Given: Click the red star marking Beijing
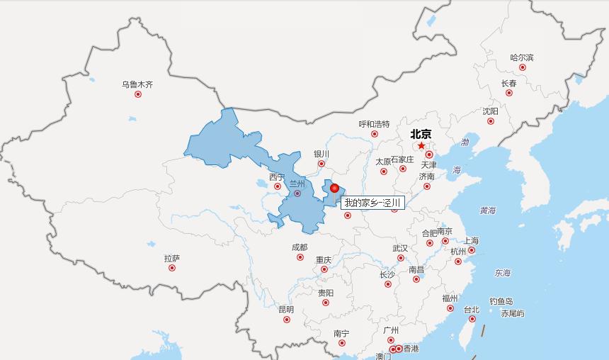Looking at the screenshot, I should point(421,146).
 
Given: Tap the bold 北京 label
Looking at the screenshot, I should point(421,133).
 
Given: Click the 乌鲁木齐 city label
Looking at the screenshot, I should point(137,84).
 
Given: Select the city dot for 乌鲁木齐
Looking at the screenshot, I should point(138,94).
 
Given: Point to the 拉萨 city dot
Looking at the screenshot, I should point(172,268).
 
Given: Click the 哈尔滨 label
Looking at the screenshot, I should point(522,57).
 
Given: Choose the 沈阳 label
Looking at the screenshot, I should point(490,111).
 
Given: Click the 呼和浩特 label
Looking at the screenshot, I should point(374,124).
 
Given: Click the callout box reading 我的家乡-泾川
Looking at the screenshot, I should point(372,203).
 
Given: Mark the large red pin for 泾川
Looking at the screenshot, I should point(335,188).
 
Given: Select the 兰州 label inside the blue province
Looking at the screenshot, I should point(297,184).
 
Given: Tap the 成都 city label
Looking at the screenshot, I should point(300,247).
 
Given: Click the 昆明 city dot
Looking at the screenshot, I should point(287,320).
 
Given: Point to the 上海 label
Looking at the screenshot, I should point(471,241).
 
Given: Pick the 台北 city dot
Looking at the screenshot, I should point(472,319).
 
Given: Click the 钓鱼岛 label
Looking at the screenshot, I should point(501,301).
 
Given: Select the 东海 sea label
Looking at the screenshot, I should point(503,273).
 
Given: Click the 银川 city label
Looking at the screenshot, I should point(321,154).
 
